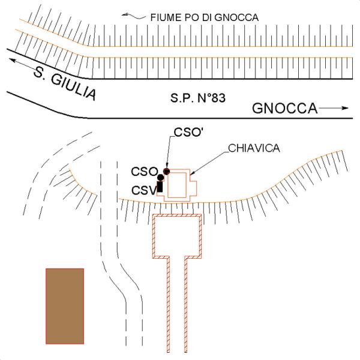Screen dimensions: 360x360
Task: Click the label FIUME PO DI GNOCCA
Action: [x=205, y=17]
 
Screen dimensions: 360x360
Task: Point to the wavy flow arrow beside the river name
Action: [x=133, y=16]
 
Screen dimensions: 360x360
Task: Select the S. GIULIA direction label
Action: [x=65, y=83]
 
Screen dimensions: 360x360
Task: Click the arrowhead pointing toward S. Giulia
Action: [x=13, y=61]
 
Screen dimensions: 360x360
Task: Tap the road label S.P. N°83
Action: [x=198, y=98]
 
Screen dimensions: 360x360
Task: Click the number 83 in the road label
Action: [x=218, y=98]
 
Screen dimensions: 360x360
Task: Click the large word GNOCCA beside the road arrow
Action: [x=284, y=108]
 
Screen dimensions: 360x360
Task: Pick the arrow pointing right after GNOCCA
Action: [x=334, y=108]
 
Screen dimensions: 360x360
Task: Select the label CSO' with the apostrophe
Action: [x=189, y=132]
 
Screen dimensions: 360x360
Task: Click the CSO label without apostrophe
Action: [x=145, y=172]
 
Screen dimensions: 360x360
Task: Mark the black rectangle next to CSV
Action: [x=160, y=187]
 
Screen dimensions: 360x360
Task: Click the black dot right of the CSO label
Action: [x=161, y=177]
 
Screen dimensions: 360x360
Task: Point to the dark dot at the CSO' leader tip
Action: [x=166, y=171]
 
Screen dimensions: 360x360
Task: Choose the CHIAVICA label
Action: [x=254, y=148]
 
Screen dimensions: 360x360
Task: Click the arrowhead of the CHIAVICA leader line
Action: [x=193, y=173]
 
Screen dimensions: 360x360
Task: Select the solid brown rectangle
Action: [x=65, y=306]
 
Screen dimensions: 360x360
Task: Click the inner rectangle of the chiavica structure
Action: [x=177, y=185]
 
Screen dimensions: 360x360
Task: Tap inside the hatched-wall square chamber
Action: [x=177, y=236]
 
